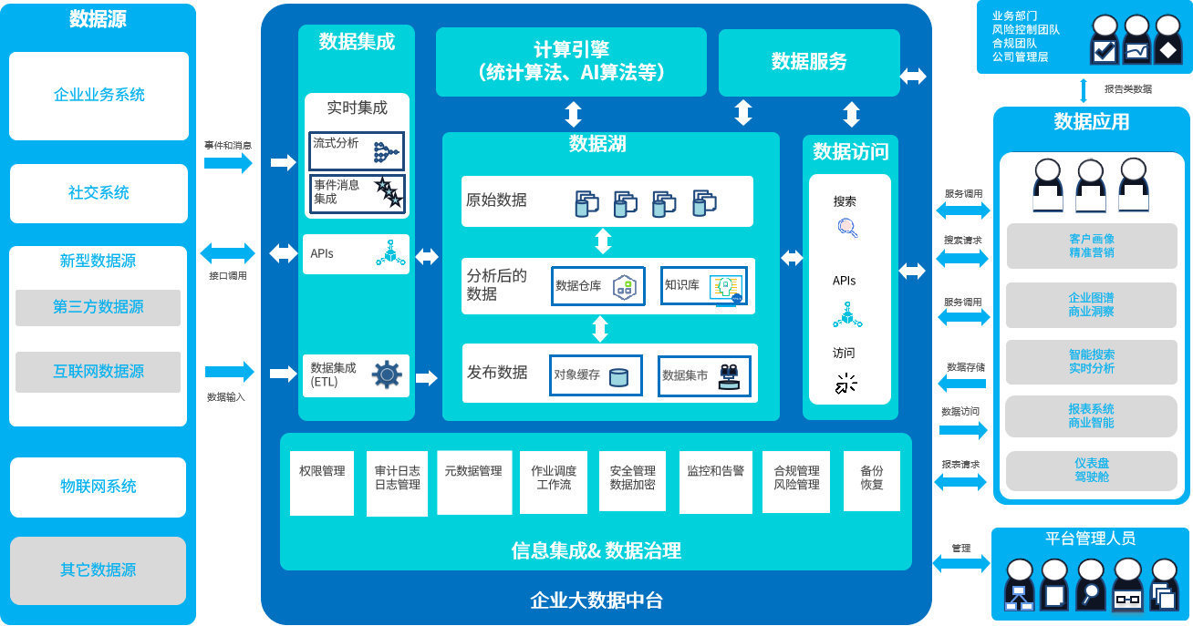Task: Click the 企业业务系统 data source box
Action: click(99, 96)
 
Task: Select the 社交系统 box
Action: click(99, 193)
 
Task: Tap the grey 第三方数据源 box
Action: click(98, 307)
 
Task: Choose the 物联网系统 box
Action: click(99, 487)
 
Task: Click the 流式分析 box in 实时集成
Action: click(357, 150)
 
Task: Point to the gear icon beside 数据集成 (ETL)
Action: click(387, 375)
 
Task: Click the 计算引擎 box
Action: click(571, 61)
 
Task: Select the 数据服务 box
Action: click(809, 62)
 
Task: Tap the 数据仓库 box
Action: click(597, 285)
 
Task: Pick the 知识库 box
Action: click(703, 285)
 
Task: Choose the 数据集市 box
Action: click(703, 375)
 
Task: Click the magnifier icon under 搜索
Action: click(846, 228)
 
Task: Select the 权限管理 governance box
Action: click(322, 482)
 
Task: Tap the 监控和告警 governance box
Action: click(715, 482)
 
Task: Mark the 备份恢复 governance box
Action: click(871, 482)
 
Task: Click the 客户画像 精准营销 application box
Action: click(1091, 246)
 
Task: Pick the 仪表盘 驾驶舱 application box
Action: click(1091, 470)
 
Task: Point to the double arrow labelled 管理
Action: click(961, 563)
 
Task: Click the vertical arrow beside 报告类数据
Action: click(1084, 90)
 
